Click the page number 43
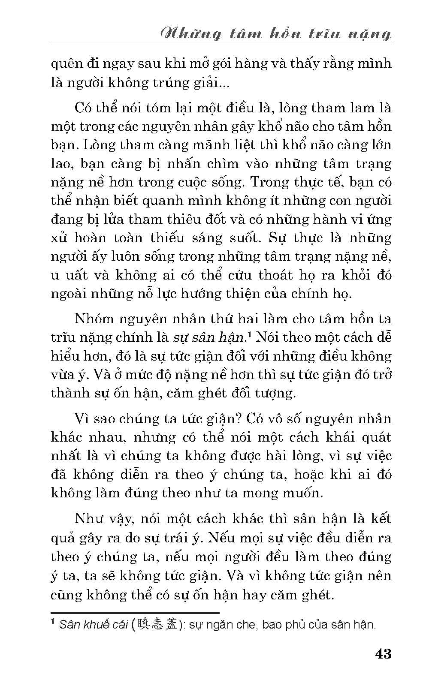pyautogui.click(x=383, y=654)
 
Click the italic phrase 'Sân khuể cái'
pyautogui.click(x=94, y=625)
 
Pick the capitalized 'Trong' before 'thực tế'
pyautogui.click(x=269, y=182)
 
